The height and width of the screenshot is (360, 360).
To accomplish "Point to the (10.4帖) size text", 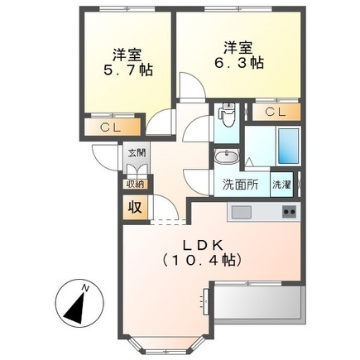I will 201,261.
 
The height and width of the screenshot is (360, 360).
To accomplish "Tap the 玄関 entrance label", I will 136,152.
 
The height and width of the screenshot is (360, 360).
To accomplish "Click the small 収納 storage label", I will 135,184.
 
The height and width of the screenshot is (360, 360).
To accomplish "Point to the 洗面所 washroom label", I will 238,184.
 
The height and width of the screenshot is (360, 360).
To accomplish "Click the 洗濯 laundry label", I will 281,184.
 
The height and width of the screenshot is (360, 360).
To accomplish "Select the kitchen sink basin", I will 242,213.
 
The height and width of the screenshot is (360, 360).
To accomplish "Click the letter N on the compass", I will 87,286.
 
